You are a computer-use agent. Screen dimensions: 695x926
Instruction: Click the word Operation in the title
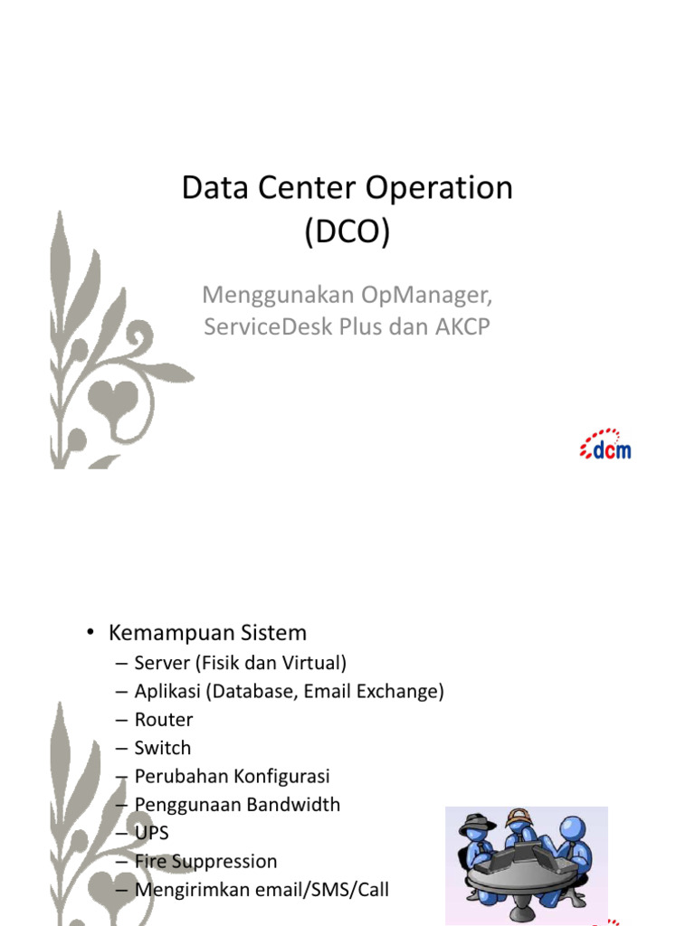[x=439, y=189]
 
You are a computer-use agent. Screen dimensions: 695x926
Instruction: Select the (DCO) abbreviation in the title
[x=347, y=231]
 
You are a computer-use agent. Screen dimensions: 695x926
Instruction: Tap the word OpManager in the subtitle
[x=427, y=295]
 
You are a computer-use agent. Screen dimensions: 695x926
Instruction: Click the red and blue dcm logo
[x=605, y=444]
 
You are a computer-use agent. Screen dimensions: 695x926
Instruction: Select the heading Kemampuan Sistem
[x=207, y=632]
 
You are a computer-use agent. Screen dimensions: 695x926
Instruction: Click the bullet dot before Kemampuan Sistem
[x=90, y=632]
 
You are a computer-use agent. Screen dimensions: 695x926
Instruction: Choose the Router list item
[x=164, y=719]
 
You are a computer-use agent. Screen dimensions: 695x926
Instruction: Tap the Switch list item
[x=163, y=748]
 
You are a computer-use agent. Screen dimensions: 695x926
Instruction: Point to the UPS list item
[x=152, y=833]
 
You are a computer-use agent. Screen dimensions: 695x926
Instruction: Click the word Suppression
[x=224, y=862]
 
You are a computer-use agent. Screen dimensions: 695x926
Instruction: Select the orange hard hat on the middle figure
[x=519, y=817]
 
